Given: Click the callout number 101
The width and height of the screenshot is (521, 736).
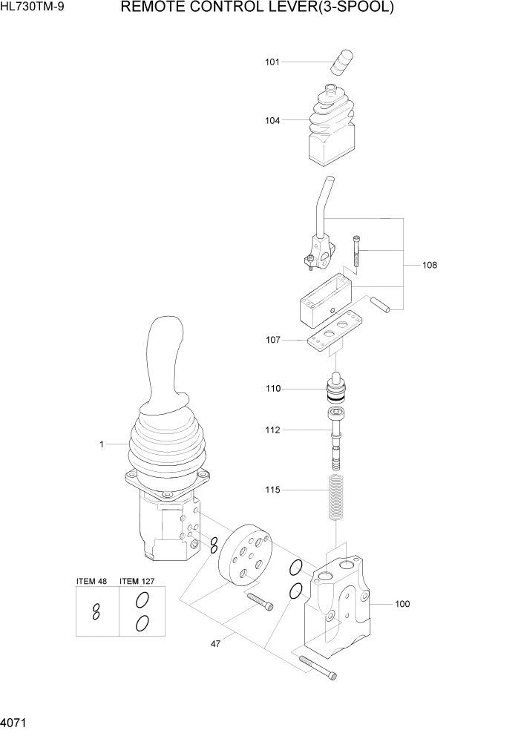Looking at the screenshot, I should tap(272, 62).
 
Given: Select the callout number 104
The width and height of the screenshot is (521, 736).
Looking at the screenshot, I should tap(272, 120).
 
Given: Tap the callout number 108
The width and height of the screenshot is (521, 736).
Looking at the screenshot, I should tap(430, 265).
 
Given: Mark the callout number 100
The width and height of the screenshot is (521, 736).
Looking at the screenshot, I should tap(402, 604).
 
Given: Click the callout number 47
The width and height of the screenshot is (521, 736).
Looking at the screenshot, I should tap(215, 644).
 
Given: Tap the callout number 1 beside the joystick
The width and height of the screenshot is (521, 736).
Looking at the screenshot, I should tap(101, 444).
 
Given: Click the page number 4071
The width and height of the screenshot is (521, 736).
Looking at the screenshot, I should tap(16, 720).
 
